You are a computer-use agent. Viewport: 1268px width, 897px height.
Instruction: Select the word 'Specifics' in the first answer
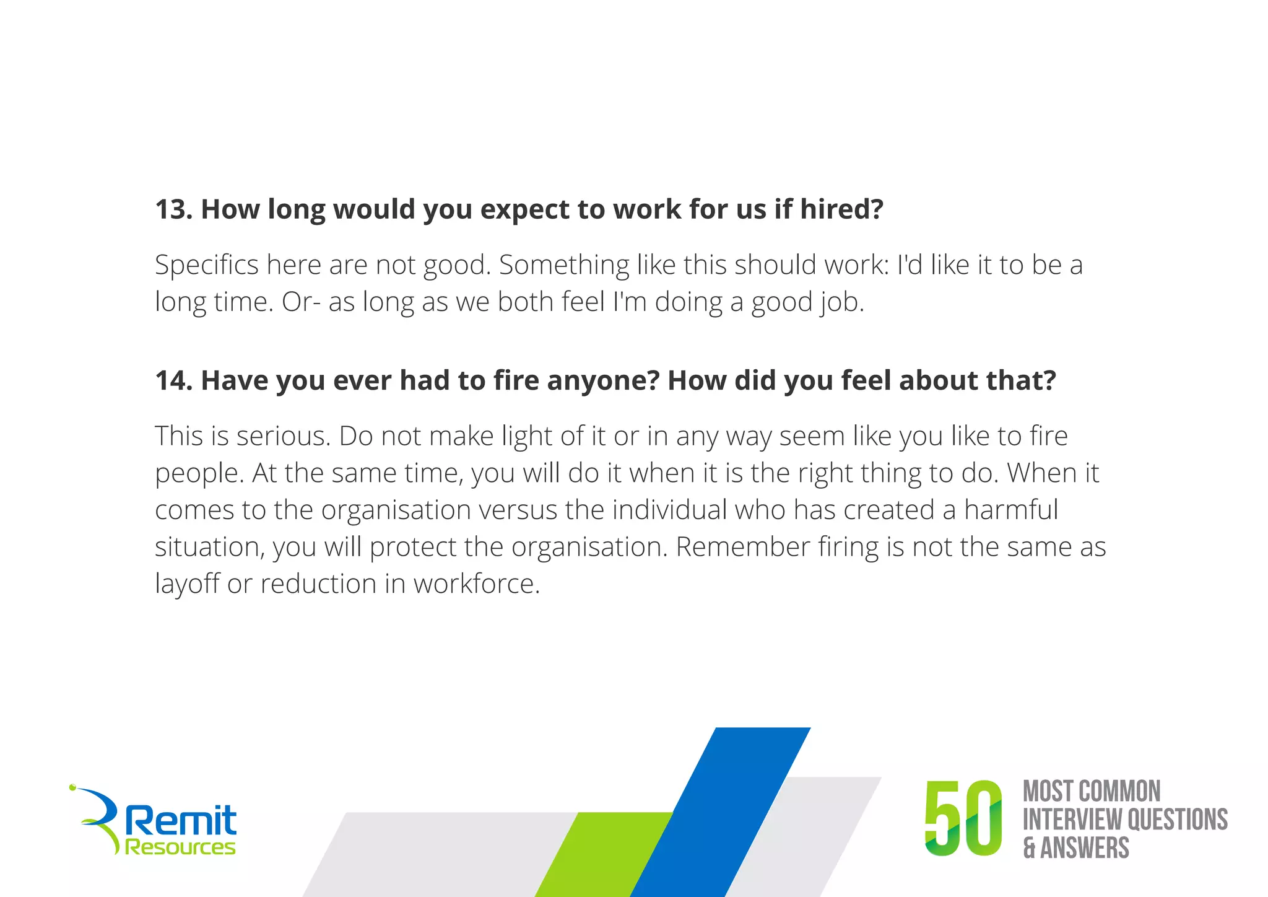207,265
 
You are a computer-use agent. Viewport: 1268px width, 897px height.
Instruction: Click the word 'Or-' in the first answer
301,302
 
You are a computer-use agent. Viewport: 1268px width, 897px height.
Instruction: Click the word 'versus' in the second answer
518,510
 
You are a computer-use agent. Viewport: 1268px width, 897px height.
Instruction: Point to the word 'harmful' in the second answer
1011,510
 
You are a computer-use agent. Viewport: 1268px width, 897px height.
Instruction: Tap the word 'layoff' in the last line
187,584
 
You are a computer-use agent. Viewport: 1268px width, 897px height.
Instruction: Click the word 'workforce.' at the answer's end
477,584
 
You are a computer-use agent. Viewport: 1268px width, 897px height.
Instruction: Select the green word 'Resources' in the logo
180,847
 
